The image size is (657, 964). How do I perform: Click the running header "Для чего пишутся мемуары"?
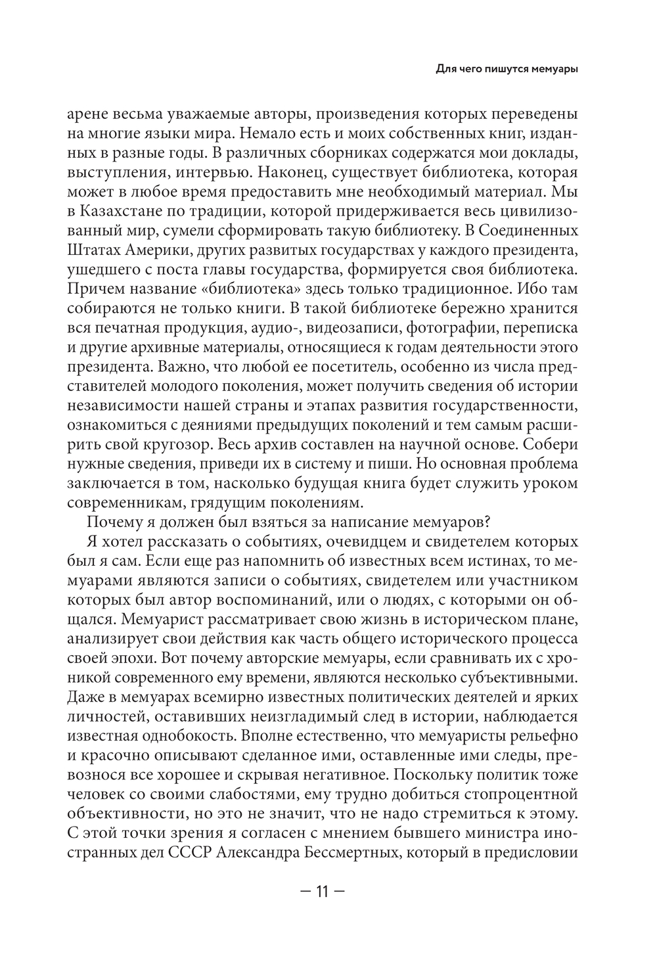pos(502,69)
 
